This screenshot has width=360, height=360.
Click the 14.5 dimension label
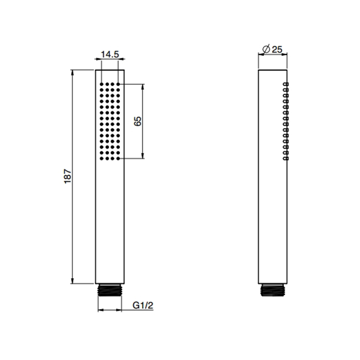tap(110, 55)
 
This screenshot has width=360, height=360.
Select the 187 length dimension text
tap(68, 176)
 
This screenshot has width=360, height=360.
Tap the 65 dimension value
tap(138, 121)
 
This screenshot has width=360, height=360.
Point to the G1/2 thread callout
tap(143, 305)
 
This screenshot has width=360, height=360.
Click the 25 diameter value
tap(277, 49)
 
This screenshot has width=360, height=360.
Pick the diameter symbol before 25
tap(266, 49)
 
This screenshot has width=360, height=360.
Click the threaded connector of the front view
tap(110, 290)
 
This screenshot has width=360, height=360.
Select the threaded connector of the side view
tap(273, 290)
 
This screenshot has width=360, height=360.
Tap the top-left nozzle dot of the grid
tap(101, 84)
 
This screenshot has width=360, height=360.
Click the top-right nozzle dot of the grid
tap(118, 84)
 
